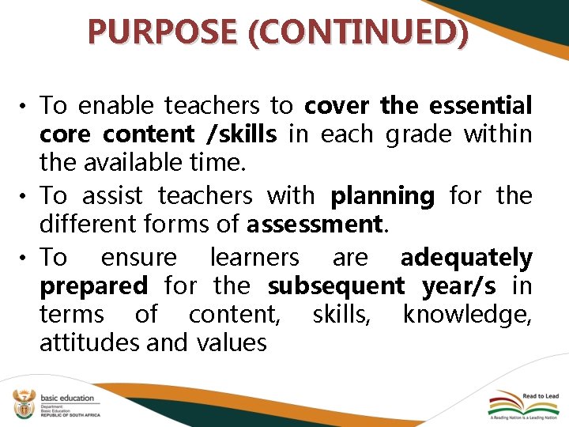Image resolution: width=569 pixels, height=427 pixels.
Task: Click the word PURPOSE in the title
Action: point(141,31)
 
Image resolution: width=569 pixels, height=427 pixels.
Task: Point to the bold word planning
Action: point(382,195)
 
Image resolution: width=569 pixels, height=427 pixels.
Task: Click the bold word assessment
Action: point(315,225)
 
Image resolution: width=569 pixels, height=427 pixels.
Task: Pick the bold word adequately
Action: point(466,257)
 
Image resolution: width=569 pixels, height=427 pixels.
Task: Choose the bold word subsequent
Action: point(336,285)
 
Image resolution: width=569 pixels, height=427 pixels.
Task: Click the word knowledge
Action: point(467,315)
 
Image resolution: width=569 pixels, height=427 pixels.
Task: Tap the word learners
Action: point(254,257)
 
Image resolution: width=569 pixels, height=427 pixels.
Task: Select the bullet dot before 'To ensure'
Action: point(27,259)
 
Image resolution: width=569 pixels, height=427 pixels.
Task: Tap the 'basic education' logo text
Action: point(67,398)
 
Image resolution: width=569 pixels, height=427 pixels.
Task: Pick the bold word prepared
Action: point(93,285)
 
